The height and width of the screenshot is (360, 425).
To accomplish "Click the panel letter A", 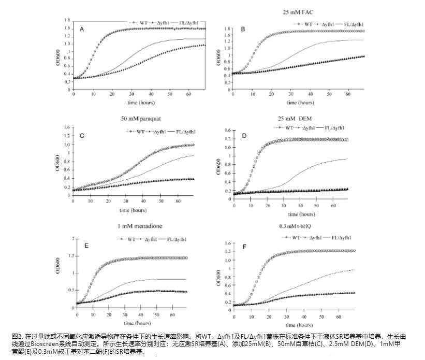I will point(81,30).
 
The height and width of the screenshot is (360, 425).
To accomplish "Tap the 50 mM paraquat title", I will point(137,119).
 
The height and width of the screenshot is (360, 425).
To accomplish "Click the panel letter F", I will point(244,246).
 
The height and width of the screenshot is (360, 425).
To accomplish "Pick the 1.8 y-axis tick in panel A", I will point(67,20).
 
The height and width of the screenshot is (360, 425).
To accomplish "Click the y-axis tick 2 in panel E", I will point(72,239).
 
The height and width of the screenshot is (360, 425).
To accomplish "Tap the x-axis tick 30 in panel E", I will point(125,314).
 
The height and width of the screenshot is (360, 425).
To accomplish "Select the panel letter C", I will point(81,137).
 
